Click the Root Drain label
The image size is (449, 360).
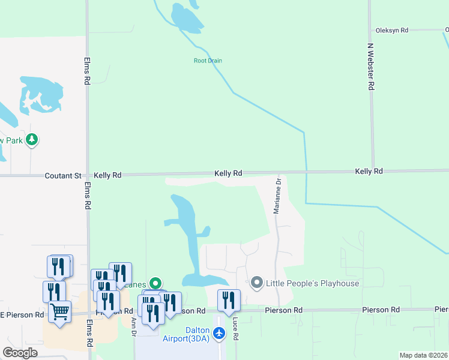tap(208, 61)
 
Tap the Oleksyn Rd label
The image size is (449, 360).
tap(391, 30)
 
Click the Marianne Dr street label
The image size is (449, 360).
tap(277, 196)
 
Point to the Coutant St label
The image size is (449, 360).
tap(62, 176)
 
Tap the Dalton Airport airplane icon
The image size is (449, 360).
tap(219, 333)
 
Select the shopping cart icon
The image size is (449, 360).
tap(60, 312)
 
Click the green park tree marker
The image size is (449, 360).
tap(32, 140)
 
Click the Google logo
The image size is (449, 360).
tap(20, 353)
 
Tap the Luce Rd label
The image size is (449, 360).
tap(235, 329)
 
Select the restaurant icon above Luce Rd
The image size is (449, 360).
tap(229, 300)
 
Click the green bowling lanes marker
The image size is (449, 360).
tap(155, 283)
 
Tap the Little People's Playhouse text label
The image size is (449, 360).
tap(313, 284)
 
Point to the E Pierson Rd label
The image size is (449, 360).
tap(22, 314)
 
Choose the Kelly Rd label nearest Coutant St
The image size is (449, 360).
tap(107, 175)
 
